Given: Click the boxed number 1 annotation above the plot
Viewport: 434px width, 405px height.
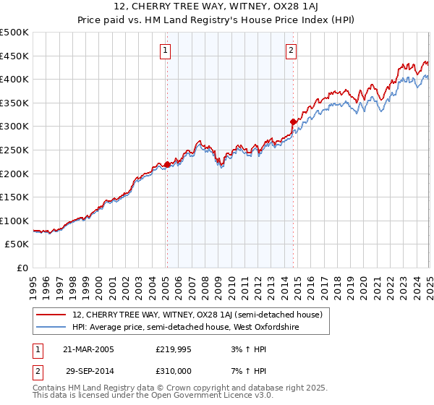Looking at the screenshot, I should [166, 50].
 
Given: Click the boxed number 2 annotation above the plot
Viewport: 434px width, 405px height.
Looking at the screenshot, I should [291, 50].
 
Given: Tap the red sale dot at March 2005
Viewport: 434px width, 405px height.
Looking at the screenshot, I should [167, 164].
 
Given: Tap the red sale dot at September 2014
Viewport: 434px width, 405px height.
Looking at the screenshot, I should [293, 121].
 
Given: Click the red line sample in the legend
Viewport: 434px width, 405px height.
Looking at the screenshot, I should [51, 315].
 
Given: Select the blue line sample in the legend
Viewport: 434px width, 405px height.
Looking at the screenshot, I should [51, 328].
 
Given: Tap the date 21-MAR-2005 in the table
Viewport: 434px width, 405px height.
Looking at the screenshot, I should [88, 349].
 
